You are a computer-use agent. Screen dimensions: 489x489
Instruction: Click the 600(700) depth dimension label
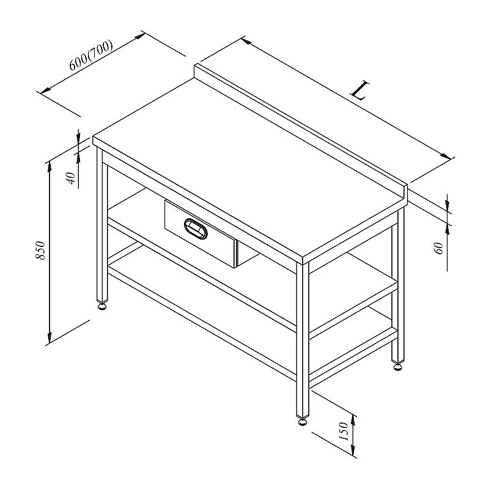[x=90, y=55]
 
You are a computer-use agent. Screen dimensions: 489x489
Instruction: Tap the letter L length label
[x=360, y=90]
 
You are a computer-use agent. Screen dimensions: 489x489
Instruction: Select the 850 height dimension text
[x=40, y=250]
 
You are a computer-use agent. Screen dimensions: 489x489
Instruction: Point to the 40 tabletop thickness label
[x=72, y=178]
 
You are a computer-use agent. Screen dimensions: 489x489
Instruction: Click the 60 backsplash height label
[x=439, y=248]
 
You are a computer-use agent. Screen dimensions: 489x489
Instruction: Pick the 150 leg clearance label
[x=343, y=432]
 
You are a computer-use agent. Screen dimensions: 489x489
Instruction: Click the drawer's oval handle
[x=196, y=229]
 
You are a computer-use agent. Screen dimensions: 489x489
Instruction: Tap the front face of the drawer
[x=200, y=233]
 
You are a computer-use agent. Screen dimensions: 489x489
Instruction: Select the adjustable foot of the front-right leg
[x=303, y=422]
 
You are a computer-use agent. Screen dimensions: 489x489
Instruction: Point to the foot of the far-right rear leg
[x=398, y=366]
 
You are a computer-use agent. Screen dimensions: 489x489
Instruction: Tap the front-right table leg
[x=303, y=340]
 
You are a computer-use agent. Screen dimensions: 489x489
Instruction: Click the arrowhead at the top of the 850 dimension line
[x=50, y=167]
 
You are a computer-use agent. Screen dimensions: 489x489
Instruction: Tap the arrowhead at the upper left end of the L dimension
[x=247, y=41]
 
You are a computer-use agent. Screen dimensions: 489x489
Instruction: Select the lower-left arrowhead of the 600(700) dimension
[x=46, y=90]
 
